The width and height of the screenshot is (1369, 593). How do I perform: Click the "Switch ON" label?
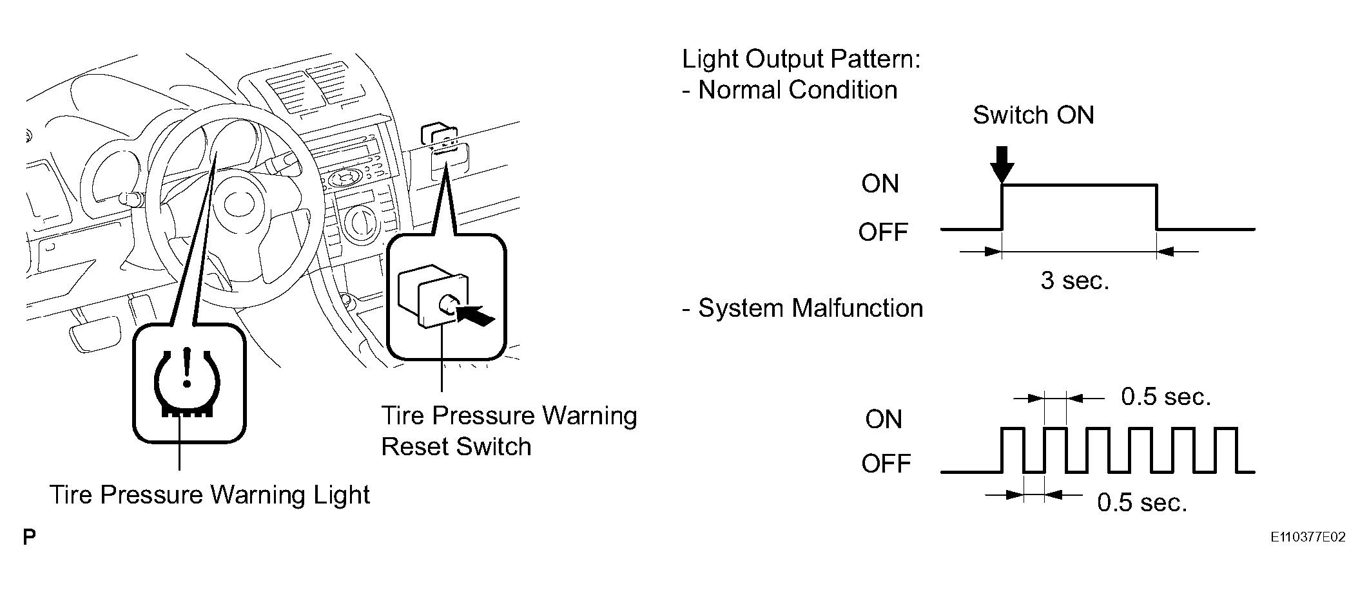pos(1033,115)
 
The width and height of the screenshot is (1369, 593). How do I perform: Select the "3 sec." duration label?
pos(1075,281)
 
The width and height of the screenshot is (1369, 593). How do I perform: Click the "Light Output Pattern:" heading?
pos(801,60)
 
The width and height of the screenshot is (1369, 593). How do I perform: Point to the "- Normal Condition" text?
pos(790,90)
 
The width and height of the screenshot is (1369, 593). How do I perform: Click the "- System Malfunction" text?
pos(802,308)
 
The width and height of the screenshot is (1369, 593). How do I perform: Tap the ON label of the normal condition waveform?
pos(880,184)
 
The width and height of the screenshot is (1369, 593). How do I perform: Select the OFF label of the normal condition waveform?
pos(883,232)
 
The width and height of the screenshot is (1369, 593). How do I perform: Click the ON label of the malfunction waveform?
pos(884,420)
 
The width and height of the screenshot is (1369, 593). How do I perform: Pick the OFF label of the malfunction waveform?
pos(886,464)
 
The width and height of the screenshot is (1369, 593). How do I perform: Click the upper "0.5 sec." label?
pos(1166,397)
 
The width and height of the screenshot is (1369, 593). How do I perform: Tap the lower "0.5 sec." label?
pos(1142,503)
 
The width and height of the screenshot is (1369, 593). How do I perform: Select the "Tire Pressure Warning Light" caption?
pos(210,495)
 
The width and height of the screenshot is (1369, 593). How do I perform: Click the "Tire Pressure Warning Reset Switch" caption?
pos(509,431)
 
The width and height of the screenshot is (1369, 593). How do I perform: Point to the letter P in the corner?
pos(29,538)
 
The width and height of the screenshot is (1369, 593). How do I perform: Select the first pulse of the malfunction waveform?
pos(1013,449)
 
